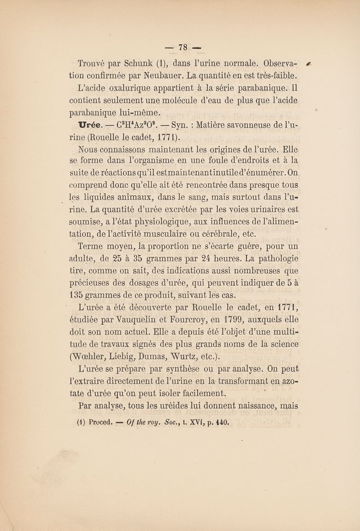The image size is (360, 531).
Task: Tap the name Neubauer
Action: [157, 75]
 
